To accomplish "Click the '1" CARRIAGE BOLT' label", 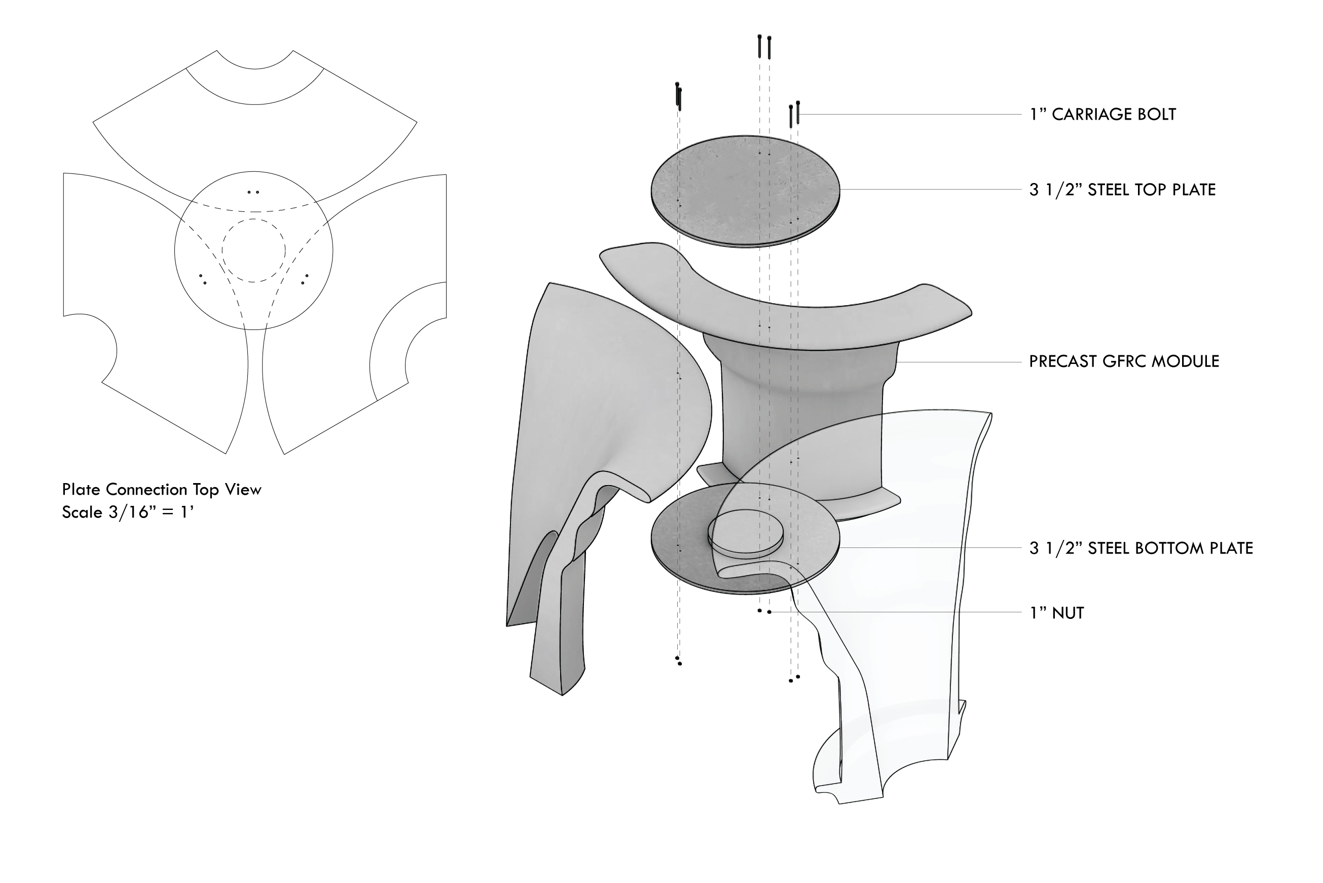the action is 1102,115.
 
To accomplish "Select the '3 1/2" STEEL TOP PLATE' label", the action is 1122,190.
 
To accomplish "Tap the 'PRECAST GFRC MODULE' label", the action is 1124,361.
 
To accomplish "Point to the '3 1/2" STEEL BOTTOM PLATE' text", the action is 1141,548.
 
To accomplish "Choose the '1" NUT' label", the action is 1057,613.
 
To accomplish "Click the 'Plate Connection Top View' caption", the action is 162,489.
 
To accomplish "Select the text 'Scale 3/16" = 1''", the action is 128,512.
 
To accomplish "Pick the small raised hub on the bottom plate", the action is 745,534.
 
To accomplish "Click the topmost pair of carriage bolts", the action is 764,47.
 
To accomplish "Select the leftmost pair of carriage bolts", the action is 678,96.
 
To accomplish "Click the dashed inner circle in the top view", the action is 253,219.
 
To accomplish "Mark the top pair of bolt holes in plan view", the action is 253,192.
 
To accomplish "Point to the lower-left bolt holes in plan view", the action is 203,279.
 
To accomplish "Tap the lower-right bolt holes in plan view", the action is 305,279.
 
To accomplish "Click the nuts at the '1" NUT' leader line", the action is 764,611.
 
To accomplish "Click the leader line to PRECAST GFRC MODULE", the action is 959,361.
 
